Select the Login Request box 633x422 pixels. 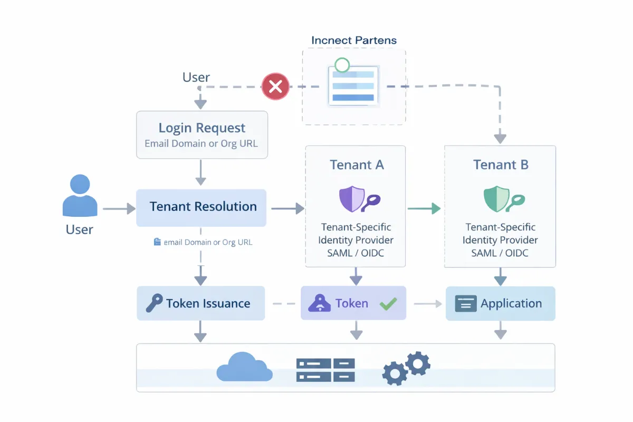pyautogui.click(x=202, y=135)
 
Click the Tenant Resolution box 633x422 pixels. pyautogui.click(x=202, y=207)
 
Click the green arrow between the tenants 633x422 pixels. pyautogui.click(x=424, y=209)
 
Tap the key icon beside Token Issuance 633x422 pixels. pyautogui.click(x=154, y=303)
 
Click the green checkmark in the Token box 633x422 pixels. pyautogui.click(x=388, y=303)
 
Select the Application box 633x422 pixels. pyautogui.click(x=500, y=303)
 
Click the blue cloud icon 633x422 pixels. pyautogui.click(x=244, y=368)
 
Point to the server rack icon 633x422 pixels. pyautogui.click(x=325, y=369)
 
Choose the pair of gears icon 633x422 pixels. pyautogui.click(x=406, y=368)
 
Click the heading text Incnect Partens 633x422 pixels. pyautogui.click(x=354, y=41)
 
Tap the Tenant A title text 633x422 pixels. pyautogui.click(x=357, y=165)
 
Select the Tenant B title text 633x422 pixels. pyautogui.click(x=501, y=165)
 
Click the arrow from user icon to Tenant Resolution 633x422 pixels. pyautogui.click(x=119, y=209)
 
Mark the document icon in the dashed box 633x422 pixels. pyautogui.click(x=352, y=85)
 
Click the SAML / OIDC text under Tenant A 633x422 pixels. pyautogui.click(x=356, y=253)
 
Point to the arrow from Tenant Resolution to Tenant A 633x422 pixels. pyautogui.click(x=288, y=209)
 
